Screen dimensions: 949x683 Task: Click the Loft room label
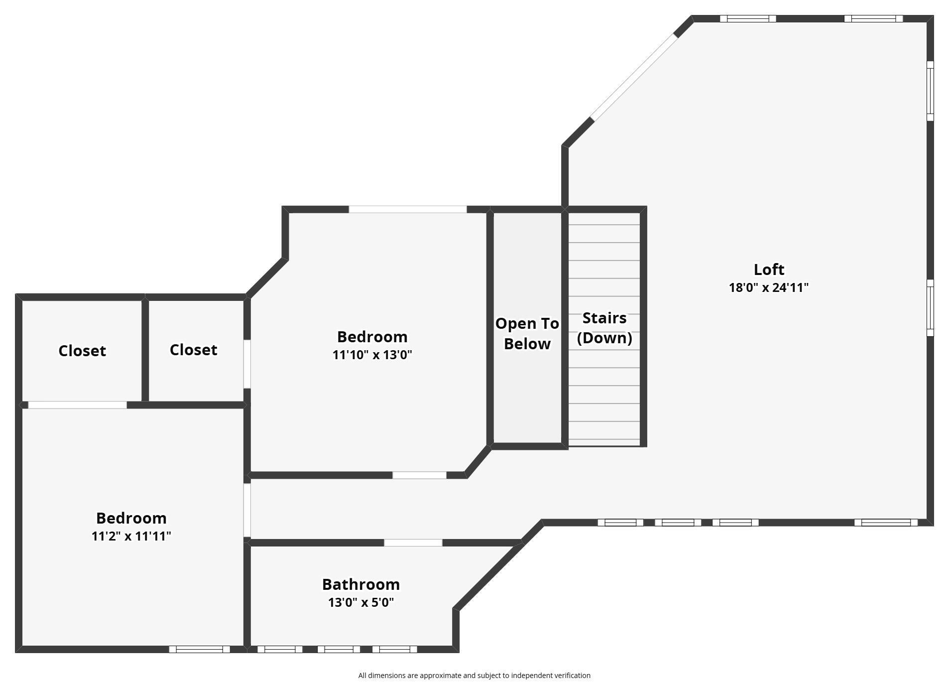(x=769, y=270)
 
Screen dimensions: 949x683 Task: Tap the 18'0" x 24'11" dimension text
(x=769, y=287)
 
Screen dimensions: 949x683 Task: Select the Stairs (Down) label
(x=604, y=328)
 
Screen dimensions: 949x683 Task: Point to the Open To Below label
(x=527, y=333)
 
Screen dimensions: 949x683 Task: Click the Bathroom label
(x=361, y=584)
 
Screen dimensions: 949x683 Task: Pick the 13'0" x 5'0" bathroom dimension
(x=361, y=602)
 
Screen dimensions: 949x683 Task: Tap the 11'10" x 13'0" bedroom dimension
(x=372, y=355)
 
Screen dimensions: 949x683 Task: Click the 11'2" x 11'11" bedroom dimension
(x=131, y=536)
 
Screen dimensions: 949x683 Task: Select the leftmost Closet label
(x=82, y=351)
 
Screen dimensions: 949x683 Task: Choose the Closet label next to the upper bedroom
(x=193, y=350)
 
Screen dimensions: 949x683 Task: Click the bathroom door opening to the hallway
(x=413, y=543)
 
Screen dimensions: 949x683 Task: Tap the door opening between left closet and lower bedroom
(x=77, y=405)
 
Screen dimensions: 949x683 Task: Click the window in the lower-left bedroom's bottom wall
(x=199, y=649)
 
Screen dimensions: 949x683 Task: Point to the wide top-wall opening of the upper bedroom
(x=407, y=209)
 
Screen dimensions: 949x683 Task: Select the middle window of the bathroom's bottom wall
(x=339, y=649)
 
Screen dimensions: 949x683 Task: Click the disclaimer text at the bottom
(x=474, y=676)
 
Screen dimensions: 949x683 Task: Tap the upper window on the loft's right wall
(x=930, y=91)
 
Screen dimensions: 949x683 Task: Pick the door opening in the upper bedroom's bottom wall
(x=419, y=475)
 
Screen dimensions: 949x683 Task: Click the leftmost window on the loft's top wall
(x=748, y=19)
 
